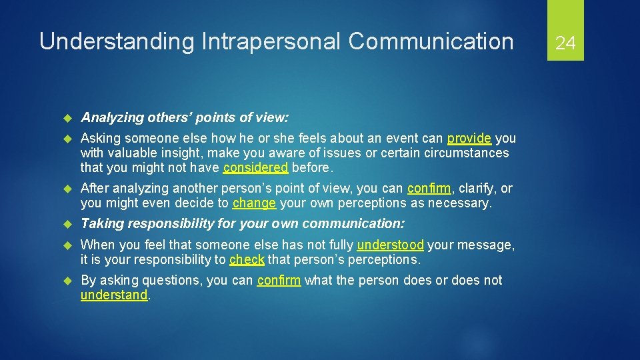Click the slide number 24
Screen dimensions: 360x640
[565, 43]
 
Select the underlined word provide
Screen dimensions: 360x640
[469, 138]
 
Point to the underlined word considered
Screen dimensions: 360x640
[256, 167]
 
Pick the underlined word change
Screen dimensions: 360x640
[254, 203]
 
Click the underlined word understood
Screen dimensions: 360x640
[391, 245]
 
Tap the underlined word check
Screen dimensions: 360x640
[247, 259]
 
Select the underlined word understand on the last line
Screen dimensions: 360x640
[114, 295]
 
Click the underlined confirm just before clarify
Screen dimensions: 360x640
[429, 189]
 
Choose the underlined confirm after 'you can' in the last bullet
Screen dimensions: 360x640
[279, 280]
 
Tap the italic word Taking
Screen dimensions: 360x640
[100, 223]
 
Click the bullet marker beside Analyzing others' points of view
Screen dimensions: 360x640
[66, 118]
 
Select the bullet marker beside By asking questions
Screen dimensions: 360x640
[66, 281]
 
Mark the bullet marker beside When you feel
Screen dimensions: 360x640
[66, 245]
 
